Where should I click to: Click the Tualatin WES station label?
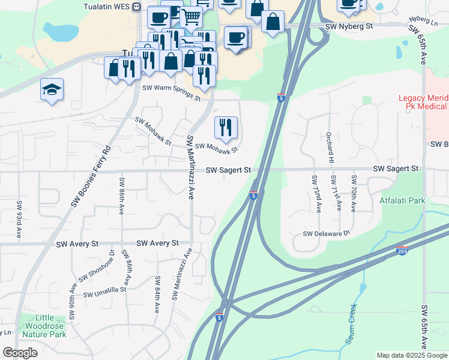point(108,7)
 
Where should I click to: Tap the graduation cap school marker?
point(52,90)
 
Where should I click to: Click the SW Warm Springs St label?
point(170,92)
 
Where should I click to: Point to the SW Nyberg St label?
point(349,28)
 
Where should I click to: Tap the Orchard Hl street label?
point(330,148)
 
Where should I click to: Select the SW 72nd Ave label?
point(315,193)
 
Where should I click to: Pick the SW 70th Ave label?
point(354,193)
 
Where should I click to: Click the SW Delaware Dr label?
point(326,233)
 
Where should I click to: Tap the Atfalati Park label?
point(402,199)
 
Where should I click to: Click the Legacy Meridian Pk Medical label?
point(423,102)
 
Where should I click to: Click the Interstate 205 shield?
point(402,251)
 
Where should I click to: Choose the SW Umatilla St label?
point(105,292)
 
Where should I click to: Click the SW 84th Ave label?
point(157,295)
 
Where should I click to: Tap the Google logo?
point(20,353)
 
